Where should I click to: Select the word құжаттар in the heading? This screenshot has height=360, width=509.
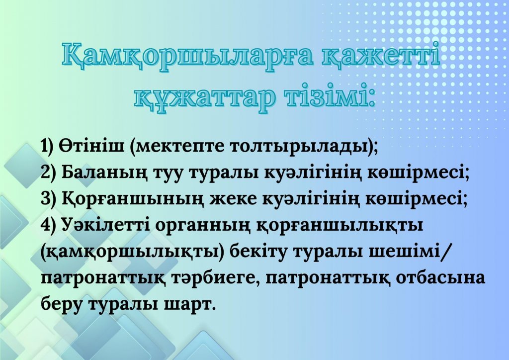click(204, 99)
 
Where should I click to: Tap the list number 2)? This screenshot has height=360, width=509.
click(48, 173)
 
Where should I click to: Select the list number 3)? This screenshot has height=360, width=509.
click(48, 199)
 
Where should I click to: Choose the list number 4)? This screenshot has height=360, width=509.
click(48, 225)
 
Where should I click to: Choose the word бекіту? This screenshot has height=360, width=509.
click(259, 252)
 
